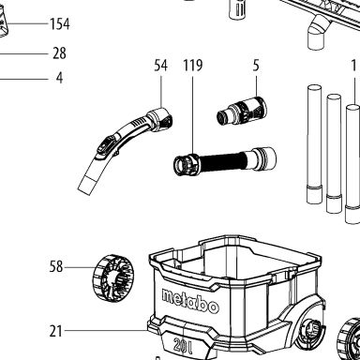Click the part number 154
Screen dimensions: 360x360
click(x=60, y=23)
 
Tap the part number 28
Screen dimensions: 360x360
click(x=59, y=53)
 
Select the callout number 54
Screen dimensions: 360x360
click(x=161, y=66)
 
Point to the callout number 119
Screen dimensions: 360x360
click(x=193, y=66)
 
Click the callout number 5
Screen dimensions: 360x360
click(x=256, y=66)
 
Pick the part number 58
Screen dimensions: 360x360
click(x=56, y=267)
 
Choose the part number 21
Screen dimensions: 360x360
click(x=55, y=331)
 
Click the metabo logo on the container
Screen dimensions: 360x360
click(x=190, y=301)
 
